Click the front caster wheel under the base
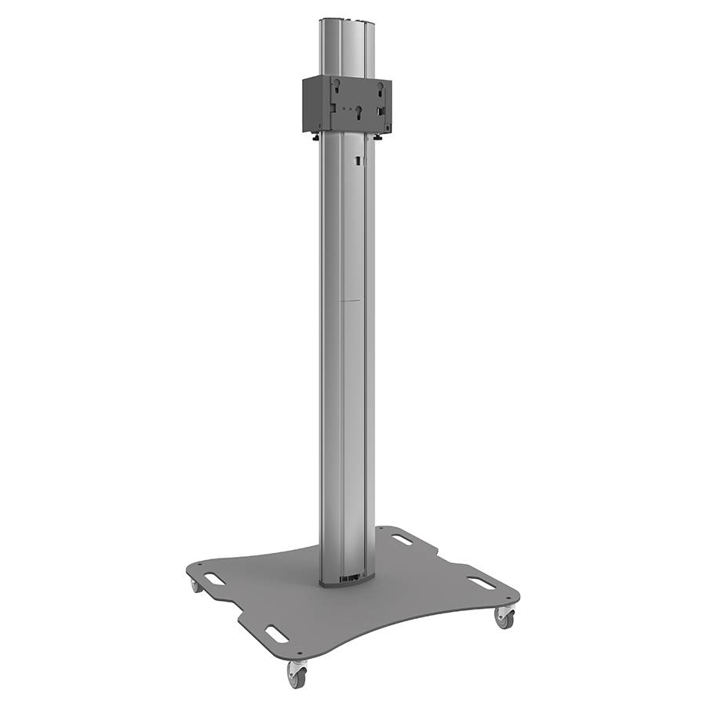(297, 673)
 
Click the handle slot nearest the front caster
(276, 631)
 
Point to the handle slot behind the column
(402, 540)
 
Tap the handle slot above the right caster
(481, 583)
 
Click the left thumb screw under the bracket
(316, 137)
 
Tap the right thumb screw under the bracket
(378, 136)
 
